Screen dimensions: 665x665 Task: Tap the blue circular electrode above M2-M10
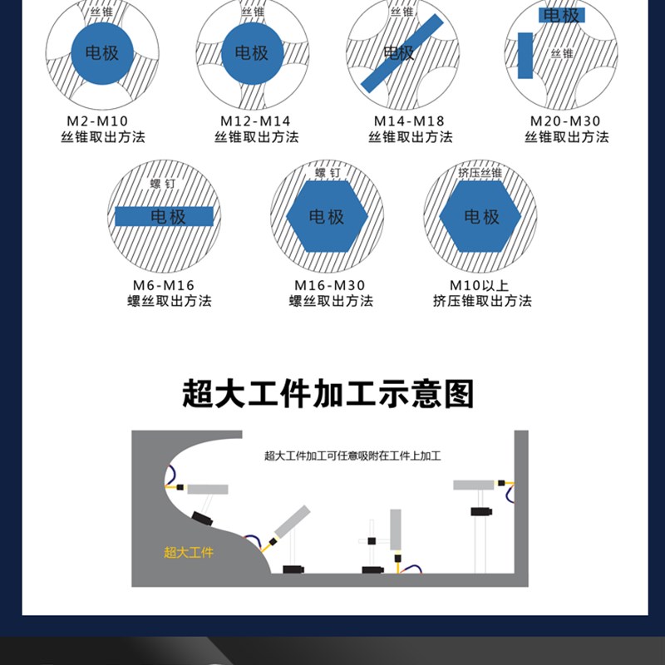pyautogui.click(x=101, y=53)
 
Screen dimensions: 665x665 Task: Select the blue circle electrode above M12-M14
pyautogui.click(x=252, y=53)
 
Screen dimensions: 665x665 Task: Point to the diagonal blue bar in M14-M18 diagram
pyautogui.click(x=402, y=53)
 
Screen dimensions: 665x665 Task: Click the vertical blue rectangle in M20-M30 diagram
pyautogui.click(x=525, y=56)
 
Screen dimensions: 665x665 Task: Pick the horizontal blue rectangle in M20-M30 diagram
pyautogui.click(x=562, y=15)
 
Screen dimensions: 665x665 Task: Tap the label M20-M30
pyautogui.click(x=564, y=121)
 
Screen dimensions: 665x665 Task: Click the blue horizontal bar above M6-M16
pyautogui.click(x=164, y=217)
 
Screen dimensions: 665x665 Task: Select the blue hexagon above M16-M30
pyautogui.click(x=327, y=216)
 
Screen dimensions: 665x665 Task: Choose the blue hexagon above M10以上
pyautogui.click(x=480, y=216)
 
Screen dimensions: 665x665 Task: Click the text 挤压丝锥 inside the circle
pyautogui.click(x=480, y=173)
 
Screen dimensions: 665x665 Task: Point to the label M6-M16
pyautogui.click(x=164, y=285)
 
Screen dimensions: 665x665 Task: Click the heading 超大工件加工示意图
pyautogui.click(x=328, y=393)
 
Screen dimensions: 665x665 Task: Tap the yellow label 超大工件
pyautogui.click(x=189, y=552)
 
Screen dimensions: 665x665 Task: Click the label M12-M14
pyautogui.click(x=255, y=121)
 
